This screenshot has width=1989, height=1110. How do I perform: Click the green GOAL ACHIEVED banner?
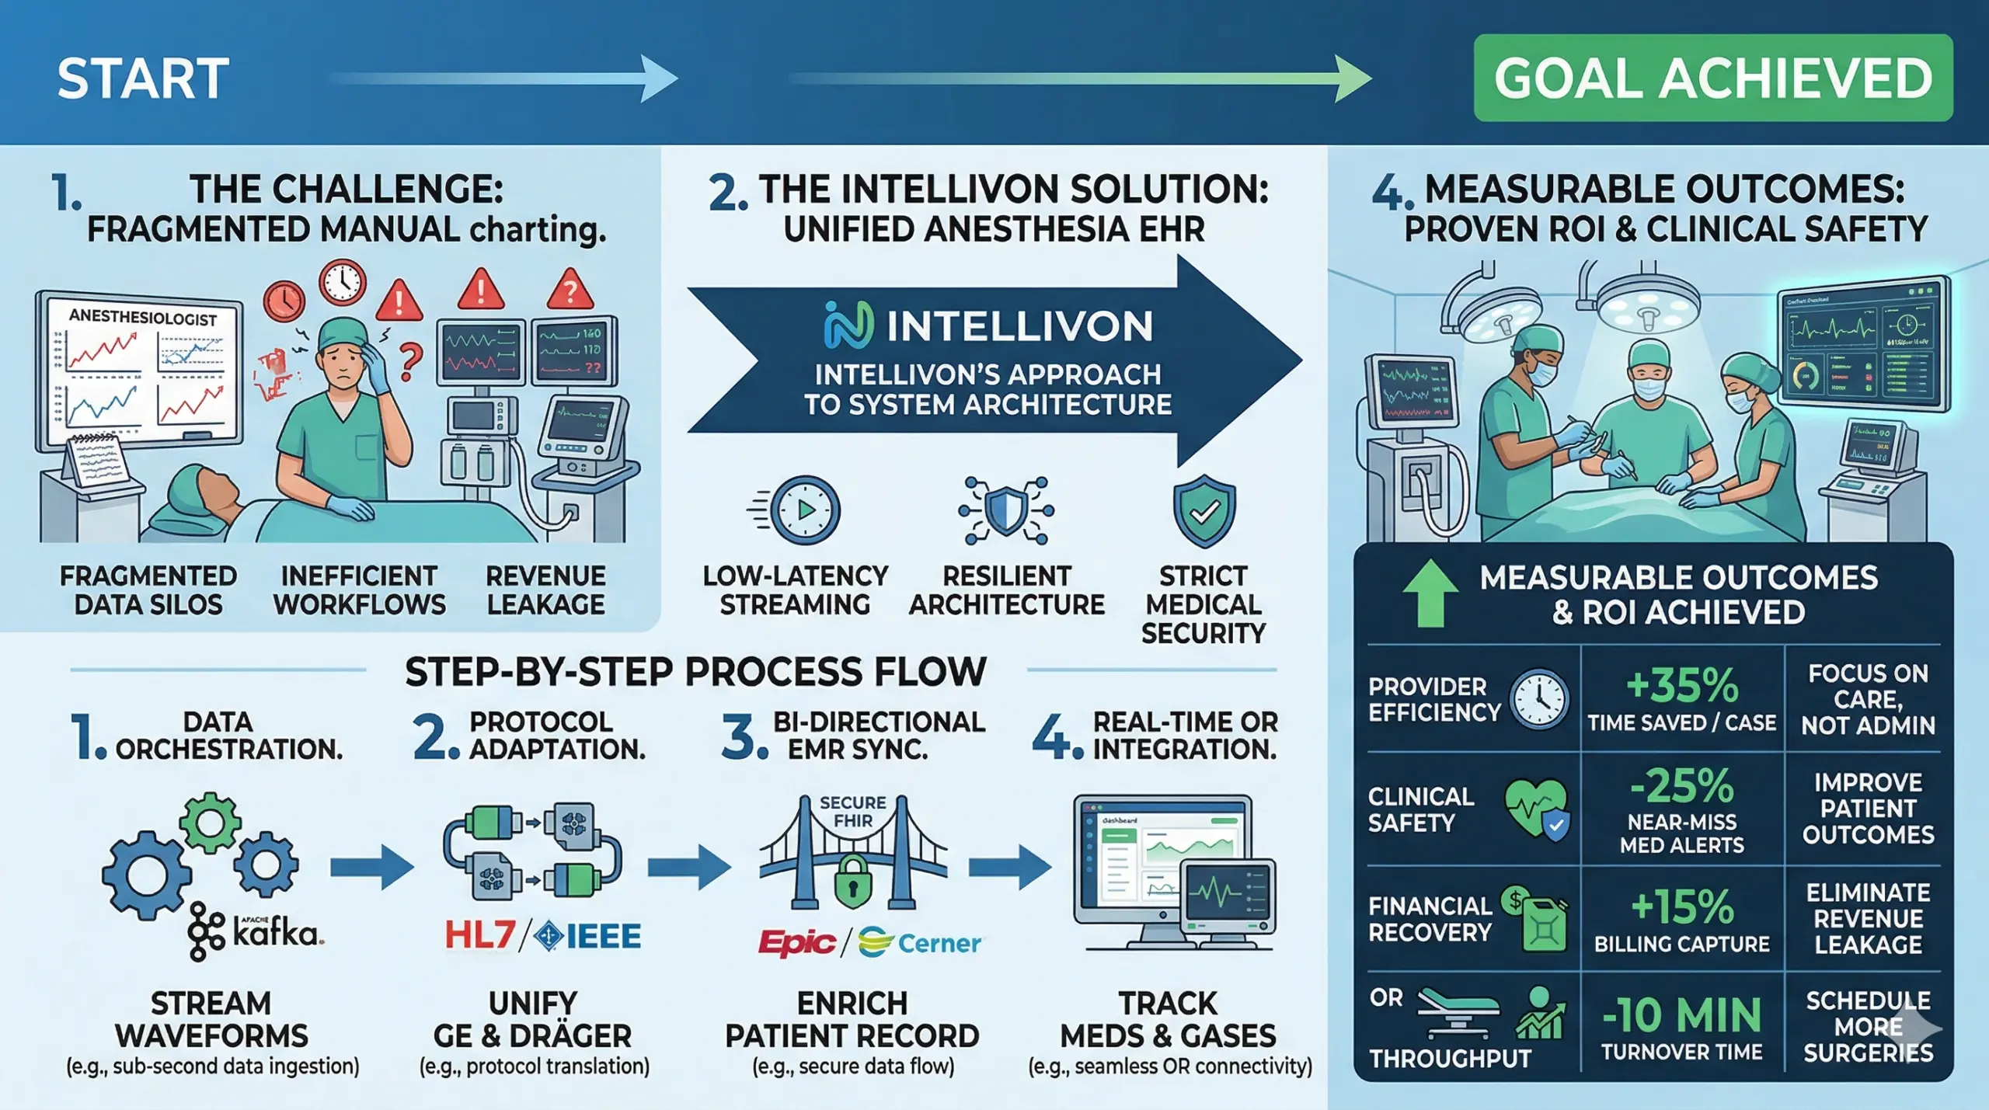tap(1712, 78)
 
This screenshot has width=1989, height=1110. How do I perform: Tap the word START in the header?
tap(143, 78)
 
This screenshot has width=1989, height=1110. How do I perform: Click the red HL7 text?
tap(479, 935)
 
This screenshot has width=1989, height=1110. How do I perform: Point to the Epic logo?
tap(796, 942)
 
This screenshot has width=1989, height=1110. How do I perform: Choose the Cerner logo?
tap(921, 942)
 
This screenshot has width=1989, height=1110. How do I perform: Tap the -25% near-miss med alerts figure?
tap(1682, 786)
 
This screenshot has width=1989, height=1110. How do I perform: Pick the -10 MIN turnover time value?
tap(1682, 1015)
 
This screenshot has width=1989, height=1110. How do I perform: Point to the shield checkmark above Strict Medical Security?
tap(1204, 511)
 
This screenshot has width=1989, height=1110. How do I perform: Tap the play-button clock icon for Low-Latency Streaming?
tap(804, 510)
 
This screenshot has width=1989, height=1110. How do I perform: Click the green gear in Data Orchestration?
tap(210, 823)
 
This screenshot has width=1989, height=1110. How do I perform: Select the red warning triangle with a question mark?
tap(570, 291)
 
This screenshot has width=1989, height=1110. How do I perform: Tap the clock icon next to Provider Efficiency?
tap(1538, 699)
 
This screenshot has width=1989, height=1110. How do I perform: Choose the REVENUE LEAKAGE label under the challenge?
tap(545, 590)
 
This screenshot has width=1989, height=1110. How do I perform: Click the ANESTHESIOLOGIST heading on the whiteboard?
tap(142, 318)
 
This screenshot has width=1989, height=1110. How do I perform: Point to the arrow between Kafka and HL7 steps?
tap(371, 868)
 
